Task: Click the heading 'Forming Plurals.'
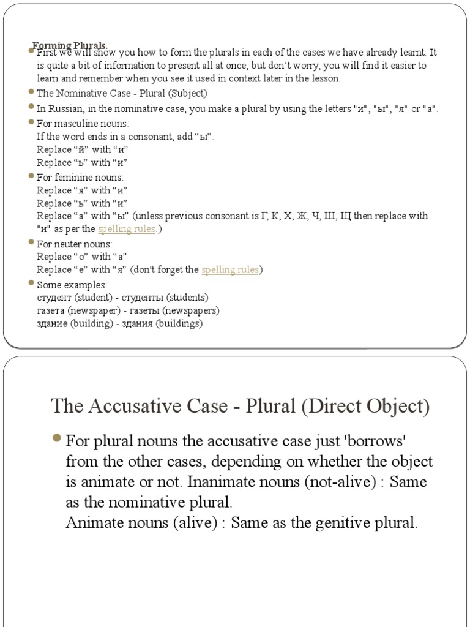tap(70, 45)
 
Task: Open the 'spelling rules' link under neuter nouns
tap(229, 269)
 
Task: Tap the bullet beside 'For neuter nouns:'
tap(31, 244)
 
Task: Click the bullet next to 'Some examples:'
tap(31, 285)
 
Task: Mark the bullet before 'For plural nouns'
tap(57, 440)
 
